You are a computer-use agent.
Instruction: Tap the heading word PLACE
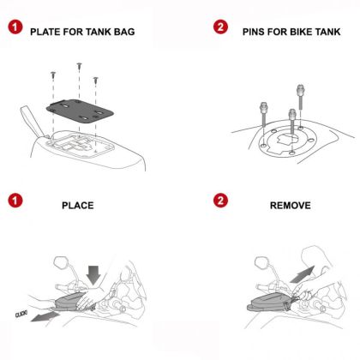(77, 207)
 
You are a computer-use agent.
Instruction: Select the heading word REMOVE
(289, 207)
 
